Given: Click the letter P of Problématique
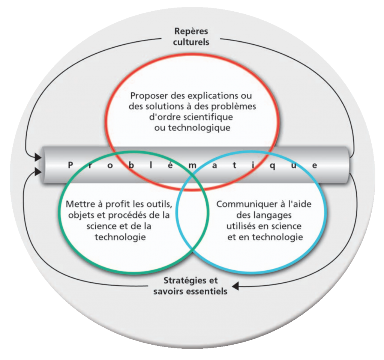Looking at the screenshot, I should tap(70, 165).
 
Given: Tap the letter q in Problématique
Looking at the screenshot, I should tap(273, 166).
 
